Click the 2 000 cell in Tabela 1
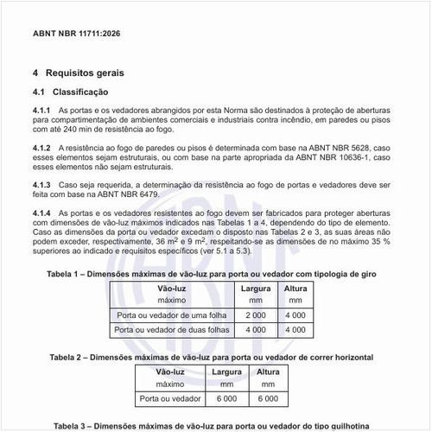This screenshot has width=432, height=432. tap(255, 315)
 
